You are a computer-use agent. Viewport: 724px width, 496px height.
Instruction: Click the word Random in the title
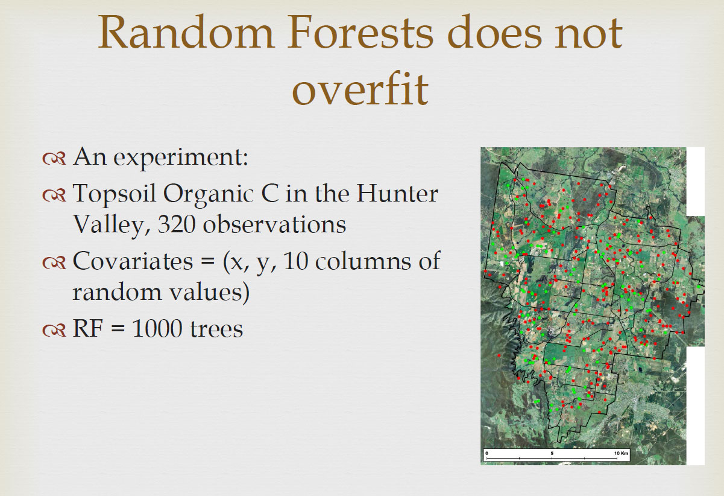pos(186,33)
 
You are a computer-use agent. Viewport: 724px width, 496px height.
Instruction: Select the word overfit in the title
pos(360,88)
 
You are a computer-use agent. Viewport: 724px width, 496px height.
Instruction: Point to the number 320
pos(177,224)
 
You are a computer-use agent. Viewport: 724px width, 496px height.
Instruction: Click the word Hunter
pos(397,194)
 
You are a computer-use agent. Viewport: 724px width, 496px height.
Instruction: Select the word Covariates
pos(133,261)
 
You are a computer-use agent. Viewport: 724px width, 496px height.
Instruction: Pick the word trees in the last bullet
pos(216,329)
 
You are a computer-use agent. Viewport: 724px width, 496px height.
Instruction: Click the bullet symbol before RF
pos(54,329)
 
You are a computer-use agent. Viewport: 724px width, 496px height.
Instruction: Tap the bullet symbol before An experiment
pos(54,159)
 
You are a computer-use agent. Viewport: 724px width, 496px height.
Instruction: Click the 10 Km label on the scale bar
pos(621,453)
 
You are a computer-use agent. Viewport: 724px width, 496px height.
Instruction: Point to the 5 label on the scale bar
pos(552,453)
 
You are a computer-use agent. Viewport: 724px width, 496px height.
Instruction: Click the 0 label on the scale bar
pos(486,453)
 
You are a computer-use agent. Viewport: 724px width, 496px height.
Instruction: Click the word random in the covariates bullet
pos(117,292)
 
